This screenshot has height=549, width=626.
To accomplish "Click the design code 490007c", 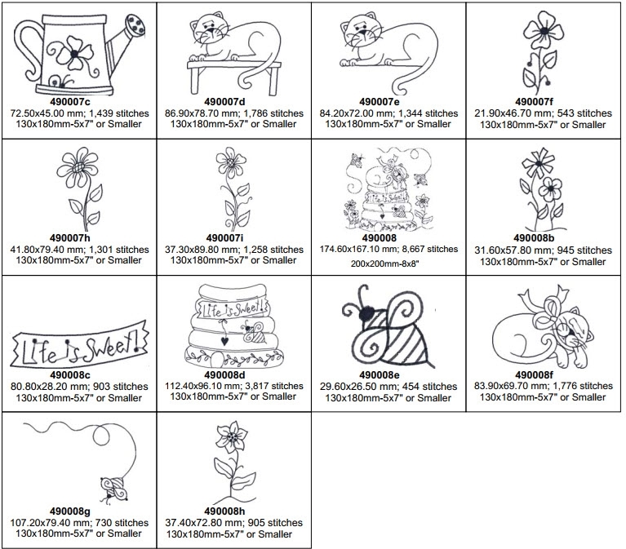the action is pyautogui.click(x=70, y=101).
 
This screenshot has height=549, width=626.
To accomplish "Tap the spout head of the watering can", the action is pyautogui.click(x=135, y=26).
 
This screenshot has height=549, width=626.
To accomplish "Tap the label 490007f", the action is pyautogui.click(x=534, y=102).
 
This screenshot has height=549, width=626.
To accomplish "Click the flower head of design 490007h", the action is pyautogui.click(x=77, y=166).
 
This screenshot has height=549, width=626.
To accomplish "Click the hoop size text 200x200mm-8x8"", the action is pyautogui.click(x=385, y=263).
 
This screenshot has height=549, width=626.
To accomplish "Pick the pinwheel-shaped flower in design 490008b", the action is pyautogui.click(x=538, y=162).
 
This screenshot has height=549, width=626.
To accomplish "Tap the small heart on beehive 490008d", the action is pyautogui.click(x=224, y=341).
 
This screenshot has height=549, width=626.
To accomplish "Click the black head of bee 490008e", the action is pyautogui.click(x=367, y=313).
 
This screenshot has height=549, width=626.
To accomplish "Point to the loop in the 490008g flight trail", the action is pyautogui.click(x=101, y=436).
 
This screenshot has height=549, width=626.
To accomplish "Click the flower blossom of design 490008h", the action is pyautogui.click(x=232, y=436).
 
